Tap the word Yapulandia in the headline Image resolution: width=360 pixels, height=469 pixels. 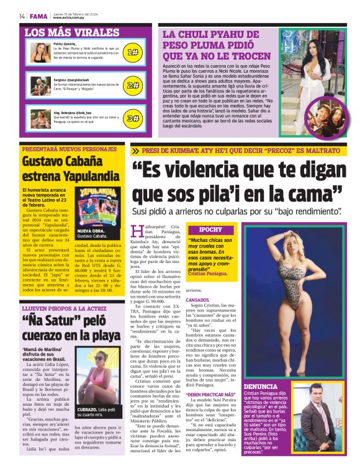click(x=83, y=175)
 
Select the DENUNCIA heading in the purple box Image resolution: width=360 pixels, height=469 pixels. click(x=261, y=386)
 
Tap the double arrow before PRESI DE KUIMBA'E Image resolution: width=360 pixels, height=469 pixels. click(x=136, y=151)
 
